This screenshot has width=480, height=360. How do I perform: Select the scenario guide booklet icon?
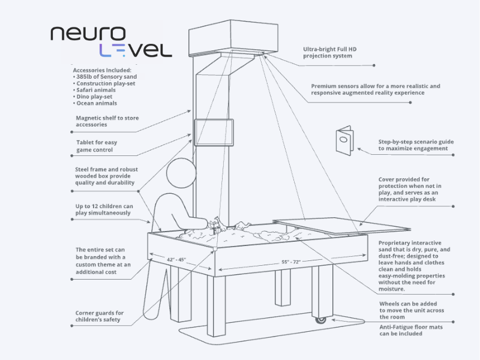[x=344, y=140]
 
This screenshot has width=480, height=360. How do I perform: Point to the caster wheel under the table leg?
[x=321, y=320]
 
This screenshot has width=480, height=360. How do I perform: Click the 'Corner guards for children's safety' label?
[x=100, y=316]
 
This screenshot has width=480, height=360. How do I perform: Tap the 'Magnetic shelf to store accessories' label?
[x=107, y=121]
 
